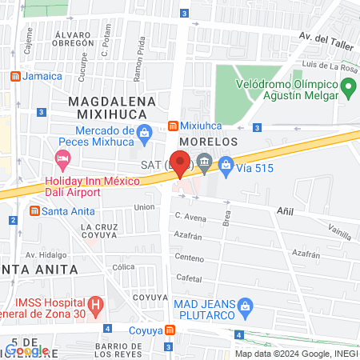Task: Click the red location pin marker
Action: click(180, 163)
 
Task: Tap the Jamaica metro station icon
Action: click(15, 76)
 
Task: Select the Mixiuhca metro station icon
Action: click(173, 126)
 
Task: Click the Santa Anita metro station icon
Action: click(34, 211)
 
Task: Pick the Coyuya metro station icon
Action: click(170, 330)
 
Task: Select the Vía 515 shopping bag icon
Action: click(226, 165)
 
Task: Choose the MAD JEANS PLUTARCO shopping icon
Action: click(247, 305)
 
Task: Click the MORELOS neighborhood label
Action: click(206, 141)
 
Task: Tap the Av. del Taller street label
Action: click(326, 37)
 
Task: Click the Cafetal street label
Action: click(189, 278)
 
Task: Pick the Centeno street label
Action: click(190, 258)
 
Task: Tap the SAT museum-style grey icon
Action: click(204, 165)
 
